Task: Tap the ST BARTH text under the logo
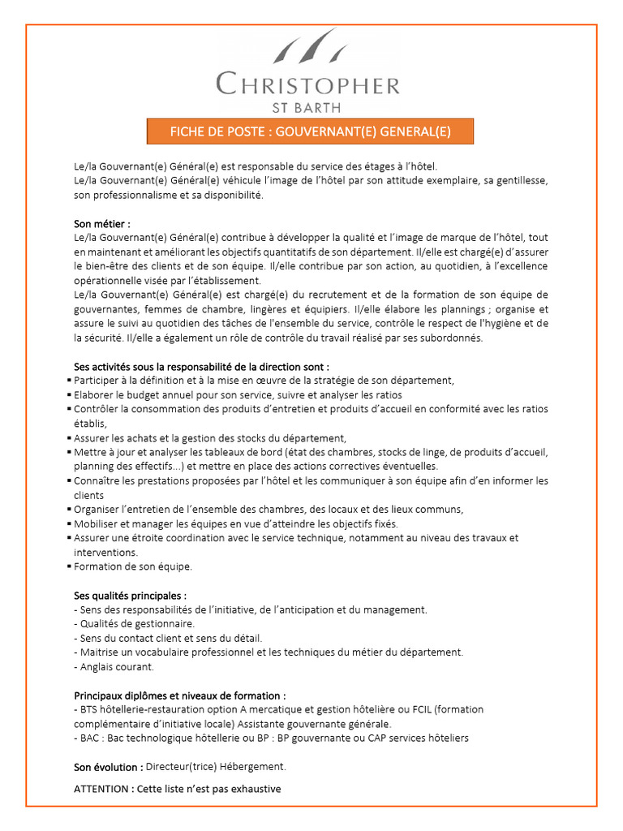[x=307, y=106]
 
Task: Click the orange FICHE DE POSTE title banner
[x=310, y=131]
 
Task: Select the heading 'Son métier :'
[x=101, y=224]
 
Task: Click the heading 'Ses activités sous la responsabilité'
[x=201, y=366]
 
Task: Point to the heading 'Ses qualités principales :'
[x=130, y=595]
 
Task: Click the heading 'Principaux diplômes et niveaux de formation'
[x=179, y=695]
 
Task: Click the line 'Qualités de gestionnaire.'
[x=136, y=624]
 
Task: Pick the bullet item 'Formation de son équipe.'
[x=133, y=566]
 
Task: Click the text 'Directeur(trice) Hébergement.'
[x=216, y=767]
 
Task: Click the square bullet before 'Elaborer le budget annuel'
[x=68, y=395]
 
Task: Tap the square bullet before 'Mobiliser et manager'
[x=68, y=524]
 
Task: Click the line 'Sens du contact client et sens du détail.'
[x=170, y=638]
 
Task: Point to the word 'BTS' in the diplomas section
[x=89, y=709]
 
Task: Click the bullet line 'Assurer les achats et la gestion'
[x=209, y=437]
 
